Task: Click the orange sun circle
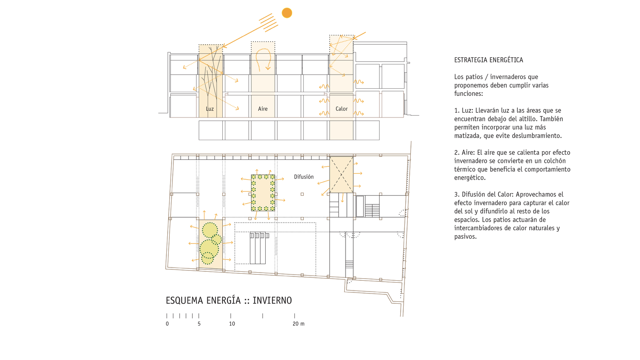pyautogui.click(x=287, y=13)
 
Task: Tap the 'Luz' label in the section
pyautogui.click(x=210, y=109)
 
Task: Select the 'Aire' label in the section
pyautogui.click(x=263, y=109)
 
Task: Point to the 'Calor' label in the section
pyautogui.click(x=341, y=109)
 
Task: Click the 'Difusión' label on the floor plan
pyautogui.click(x=304, y=177)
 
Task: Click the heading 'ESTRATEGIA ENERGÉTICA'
pyautogui.click(x=488, y=60)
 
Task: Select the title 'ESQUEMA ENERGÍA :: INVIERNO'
pyautogui.click(x=229, y=300)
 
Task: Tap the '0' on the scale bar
pyautogui.click(x=167, y=324)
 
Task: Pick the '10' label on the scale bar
pyautogui.click(x=232, y=324)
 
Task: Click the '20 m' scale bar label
pyautogui.click(x=298, y=324)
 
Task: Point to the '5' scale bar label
pyautogui.click(x=199, y=324)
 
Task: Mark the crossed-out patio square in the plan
pyautogui.click(x=341, y=175)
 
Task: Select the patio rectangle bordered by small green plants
pyautogui.click(x=263, y=193)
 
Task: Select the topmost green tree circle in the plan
pyautogui.click(x=210, y=230)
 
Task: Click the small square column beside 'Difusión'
pyautogui.click(x=302, y=194)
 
